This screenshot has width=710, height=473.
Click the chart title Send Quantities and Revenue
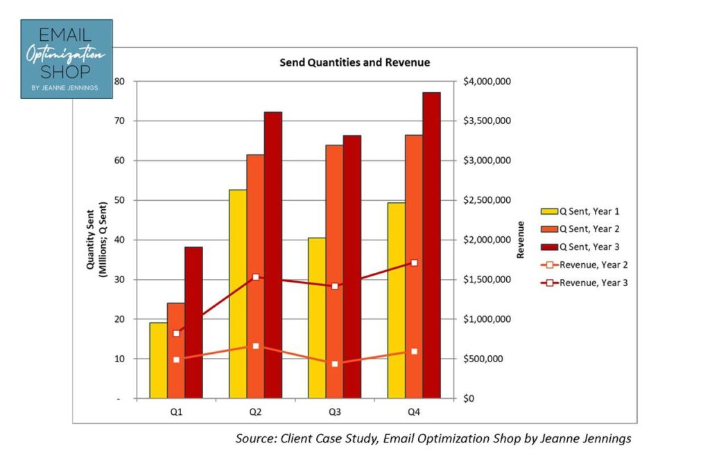click(354, 62)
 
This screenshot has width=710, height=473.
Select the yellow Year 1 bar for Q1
click(158, 360)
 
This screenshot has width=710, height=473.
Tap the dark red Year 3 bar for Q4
click(431, 245)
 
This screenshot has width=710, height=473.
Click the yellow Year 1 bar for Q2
click(238, 294)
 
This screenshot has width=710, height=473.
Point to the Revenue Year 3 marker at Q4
click(414, 263)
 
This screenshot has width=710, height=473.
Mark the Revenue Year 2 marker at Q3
click(335, 364)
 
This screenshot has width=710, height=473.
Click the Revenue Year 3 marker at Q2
click(256, 277)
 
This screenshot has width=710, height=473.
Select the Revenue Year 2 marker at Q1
click(176, 359)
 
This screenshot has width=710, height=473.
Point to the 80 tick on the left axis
click(119, 81)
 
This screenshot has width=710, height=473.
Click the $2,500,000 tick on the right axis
click(487, 200)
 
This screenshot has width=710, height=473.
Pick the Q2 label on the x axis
click(255, 412)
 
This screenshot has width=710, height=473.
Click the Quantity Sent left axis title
click(96, 240)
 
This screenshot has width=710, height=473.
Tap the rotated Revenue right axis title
click(520, 240)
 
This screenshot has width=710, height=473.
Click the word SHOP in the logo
click(66, 73)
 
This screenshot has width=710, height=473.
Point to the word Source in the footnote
click(255, 438)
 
